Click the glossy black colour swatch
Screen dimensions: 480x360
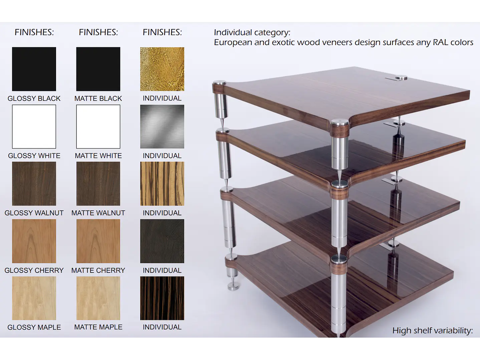point(34,69)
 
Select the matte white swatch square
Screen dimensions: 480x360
point(98,127)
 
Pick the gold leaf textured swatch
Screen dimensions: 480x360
point(162,69)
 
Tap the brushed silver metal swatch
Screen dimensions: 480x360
point(162,127)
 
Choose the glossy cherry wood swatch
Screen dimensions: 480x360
point(34,241)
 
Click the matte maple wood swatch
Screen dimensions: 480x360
point(98,298)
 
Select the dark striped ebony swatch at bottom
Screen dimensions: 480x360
point(162,298)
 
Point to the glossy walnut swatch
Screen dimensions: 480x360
point(34,183)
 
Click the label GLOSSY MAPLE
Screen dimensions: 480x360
point(34,327)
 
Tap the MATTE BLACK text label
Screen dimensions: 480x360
point(98,99)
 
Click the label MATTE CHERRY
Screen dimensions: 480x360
point(98,270)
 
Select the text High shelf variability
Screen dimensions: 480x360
point(433,331)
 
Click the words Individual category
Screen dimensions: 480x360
point(252,33)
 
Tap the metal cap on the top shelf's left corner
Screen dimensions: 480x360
point(220,83)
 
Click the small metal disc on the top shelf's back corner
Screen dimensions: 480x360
point(401,77)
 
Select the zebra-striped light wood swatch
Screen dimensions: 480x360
point(162,183)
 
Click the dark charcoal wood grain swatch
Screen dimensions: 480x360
point(162,241)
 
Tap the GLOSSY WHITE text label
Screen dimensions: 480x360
point(34,156)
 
